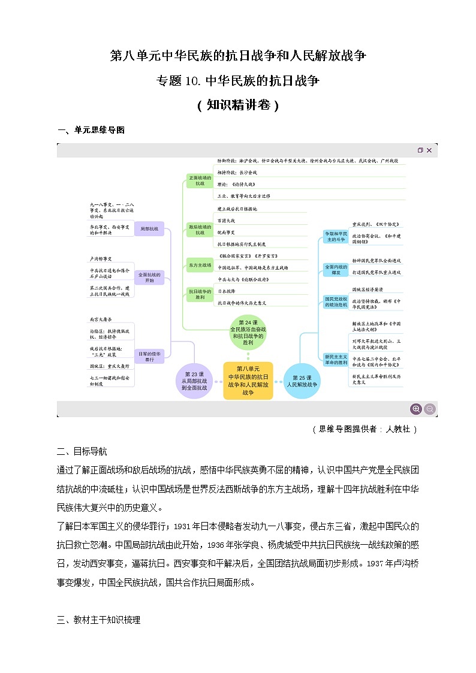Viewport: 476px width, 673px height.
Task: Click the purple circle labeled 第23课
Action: click(194, 381)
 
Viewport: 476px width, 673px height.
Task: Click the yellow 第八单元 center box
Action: click(248, 381)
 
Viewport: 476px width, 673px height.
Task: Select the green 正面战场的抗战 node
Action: click(200, 180)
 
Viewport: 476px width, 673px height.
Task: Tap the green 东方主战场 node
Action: click(200, 264)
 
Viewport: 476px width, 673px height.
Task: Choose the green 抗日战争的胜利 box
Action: click(200, 294)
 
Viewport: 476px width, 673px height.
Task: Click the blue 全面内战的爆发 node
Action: click(336, 269)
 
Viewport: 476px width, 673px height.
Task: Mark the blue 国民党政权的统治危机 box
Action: click(336, 301)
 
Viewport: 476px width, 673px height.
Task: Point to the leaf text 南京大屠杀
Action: click(101, 321)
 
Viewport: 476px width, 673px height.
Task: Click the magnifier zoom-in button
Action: click(415, 409)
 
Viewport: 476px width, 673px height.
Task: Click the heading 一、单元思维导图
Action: click(91, 130)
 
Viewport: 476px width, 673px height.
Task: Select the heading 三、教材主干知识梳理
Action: click(98, 620)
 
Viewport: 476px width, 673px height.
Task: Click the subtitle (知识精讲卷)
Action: click(238, 105)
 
